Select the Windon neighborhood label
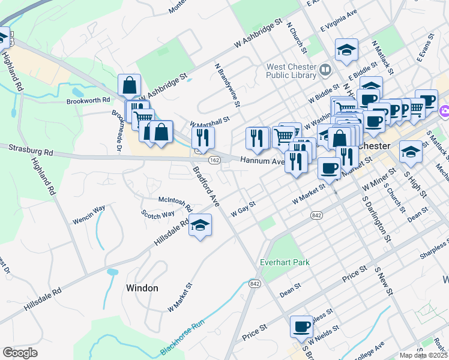tap(142, 288)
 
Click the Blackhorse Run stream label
tap(187, 340)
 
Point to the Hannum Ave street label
tap(262, 161)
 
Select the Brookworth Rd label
tap(89, 100)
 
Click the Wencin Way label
tap(89, 209)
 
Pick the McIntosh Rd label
tap(175, 203)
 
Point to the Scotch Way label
tap(158, 214)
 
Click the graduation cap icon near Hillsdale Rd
tap(200, 226)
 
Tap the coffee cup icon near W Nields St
tap(301, 326)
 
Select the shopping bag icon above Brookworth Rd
tap(130, 86)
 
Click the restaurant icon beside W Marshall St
tap(203, 137)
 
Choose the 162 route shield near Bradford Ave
tap(214, 160)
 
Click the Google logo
tap(20, 352)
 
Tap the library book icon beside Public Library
tap(325, 70)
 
